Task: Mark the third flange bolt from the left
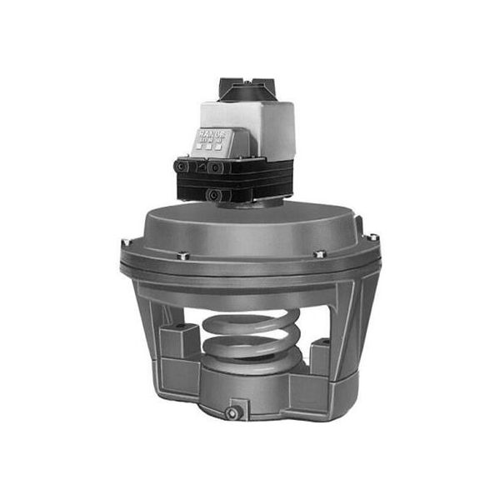318,253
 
